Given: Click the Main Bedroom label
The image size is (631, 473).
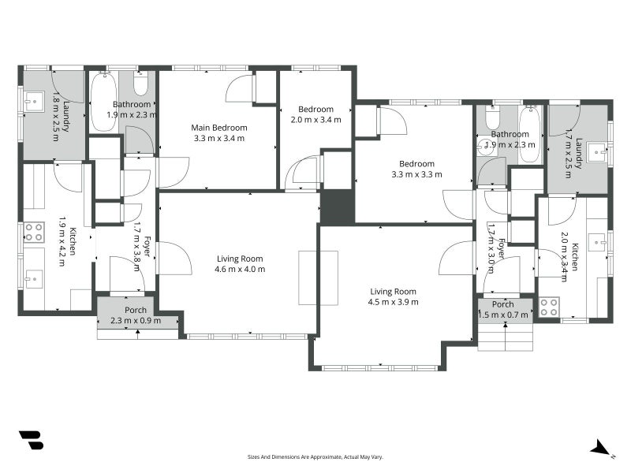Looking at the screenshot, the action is pos(219,128).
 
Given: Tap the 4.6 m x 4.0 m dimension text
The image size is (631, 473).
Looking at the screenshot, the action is pos(240,270).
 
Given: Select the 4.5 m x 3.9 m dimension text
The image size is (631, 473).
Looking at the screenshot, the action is pos(393,302).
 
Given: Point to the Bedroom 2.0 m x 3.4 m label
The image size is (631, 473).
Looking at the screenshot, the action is pos(316,114).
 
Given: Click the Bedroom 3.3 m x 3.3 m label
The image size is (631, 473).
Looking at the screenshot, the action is pos(416,169).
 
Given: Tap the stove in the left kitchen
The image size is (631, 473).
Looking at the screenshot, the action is pos(34,232).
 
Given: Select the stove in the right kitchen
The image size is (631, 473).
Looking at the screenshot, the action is pos(549,307).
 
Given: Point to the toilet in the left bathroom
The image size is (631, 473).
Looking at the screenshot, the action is pos(140,83).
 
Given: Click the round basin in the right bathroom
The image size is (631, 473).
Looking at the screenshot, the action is pos(486,147).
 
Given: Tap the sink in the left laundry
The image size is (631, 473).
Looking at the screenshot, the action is pos(34,102).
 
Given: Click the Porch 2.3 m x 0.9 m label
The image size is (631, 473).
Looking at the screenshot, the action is pos(136,315).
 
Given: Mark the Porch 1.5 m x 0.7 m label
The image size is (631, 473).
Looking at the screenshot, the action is pos(503,310).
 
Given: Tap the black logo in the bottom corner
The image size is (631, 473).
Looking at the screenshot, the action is pos(32,440).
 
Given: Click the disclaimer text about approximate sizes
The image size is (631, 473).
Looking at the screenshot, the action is pos(315,457).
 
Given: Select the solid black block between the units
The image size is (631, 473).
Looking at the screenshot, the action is pos(338,207).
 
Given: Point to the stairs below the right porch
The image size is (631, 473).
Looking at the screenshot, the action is pos(506,337).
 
